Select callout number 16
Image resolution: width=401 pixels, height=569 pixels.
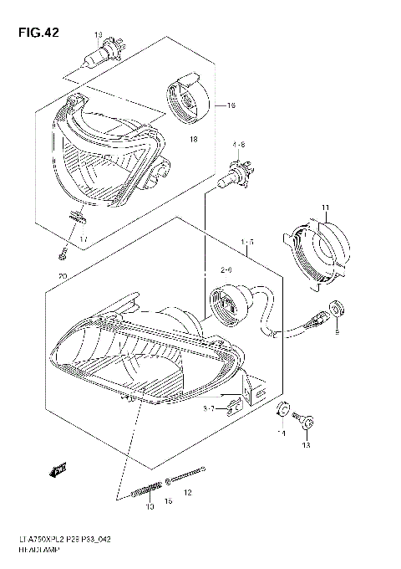click(231, 106)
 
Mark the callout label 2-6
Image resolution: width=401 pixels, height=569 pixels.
click(226, 270)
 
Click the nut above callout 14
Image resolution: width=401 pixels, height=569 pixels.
click(282, 410)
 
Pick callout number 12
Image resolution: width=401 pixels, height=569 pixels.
click(187, 493)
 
